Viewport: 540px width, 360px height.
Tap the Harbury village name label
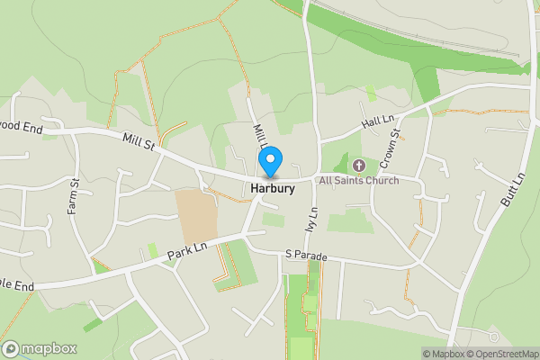[x=270, y=189]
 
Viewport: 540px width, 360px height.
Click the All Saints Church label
[x=358, y=180]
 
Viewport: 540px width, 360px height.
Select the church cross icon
[x=358, y=165]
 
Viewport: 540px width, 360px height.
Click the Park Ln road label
[x=187, y=251]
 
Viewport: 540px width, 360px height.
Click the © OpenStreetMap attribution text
[x=502, y=354]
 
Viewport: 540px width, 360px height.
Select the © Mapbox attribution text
[x=443, y=354]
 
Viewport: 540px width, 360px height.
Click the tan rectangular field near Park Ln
[x=195, y=215]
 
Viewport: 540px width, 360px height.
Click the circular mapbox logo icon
[x=11, y=348]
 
